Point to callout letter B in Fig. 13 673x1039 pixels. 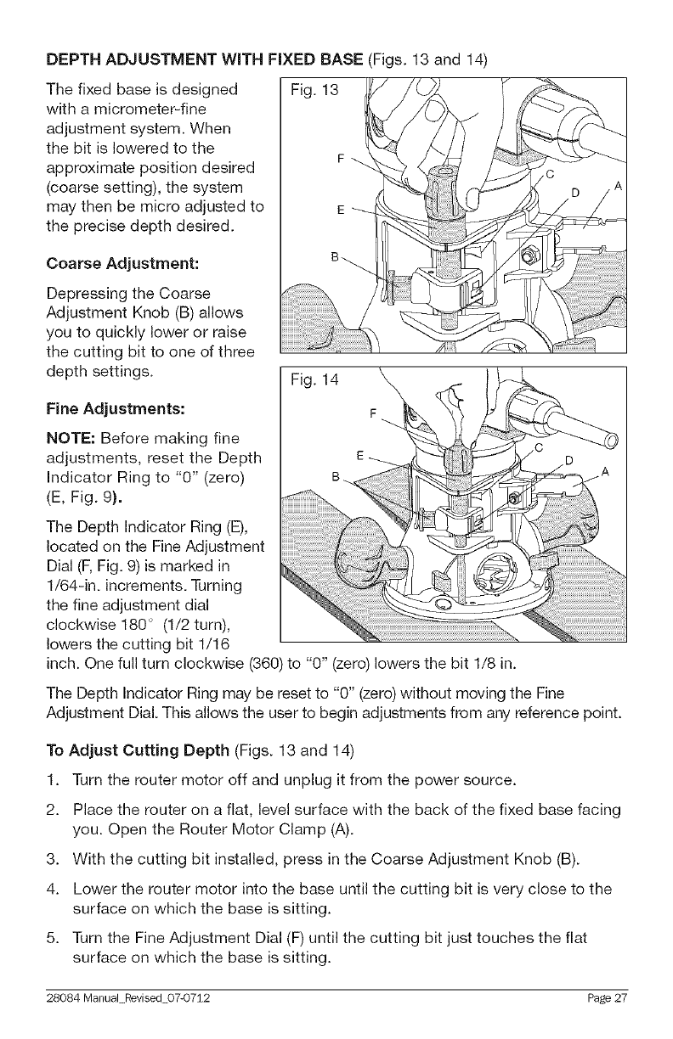(x=334, y=255)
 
